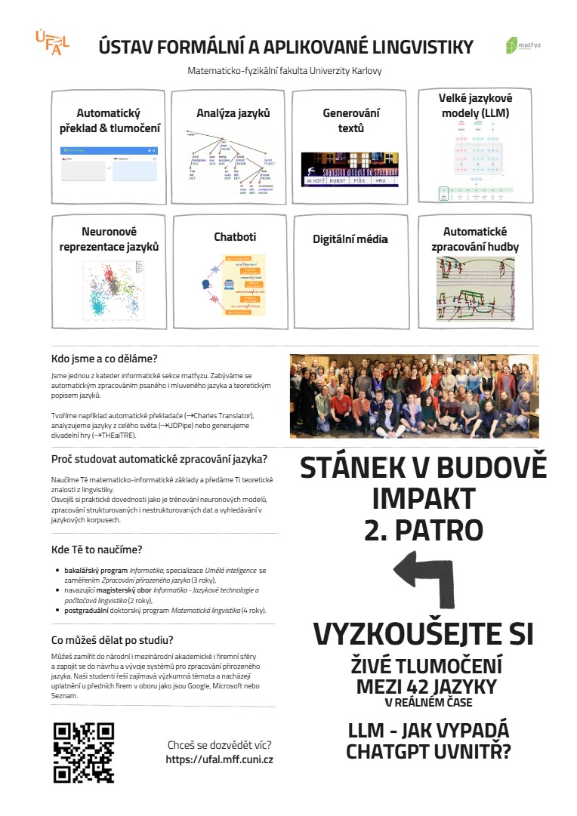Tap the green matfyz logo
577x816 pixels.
tap(523, 45)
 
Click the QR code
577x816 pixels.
tap(84, 753)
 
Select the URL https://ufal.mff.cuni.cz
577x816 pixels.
tap(219, 759)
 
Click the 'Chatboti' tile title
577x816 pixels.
tap(235, 237)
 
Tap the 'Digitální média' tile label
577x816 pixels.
tap(350, 239)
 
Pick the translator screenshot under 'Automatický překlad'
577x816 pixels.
tap(110, 166)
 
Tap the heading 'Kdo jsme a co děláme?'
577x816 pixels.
tap(104, 359)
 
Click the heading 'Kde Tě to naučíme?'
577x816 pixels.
tap(96, 550)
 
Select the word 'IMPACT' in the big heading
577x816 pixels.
tap(423, 499)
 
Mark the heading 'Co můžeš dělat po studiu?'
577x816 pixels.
tap(113, 640)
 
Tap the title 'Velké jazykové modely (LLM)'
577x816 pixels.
tap(474, 106)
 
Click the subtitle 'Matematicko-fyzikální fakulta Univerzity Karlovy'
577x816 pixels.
tap(285, 71)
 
